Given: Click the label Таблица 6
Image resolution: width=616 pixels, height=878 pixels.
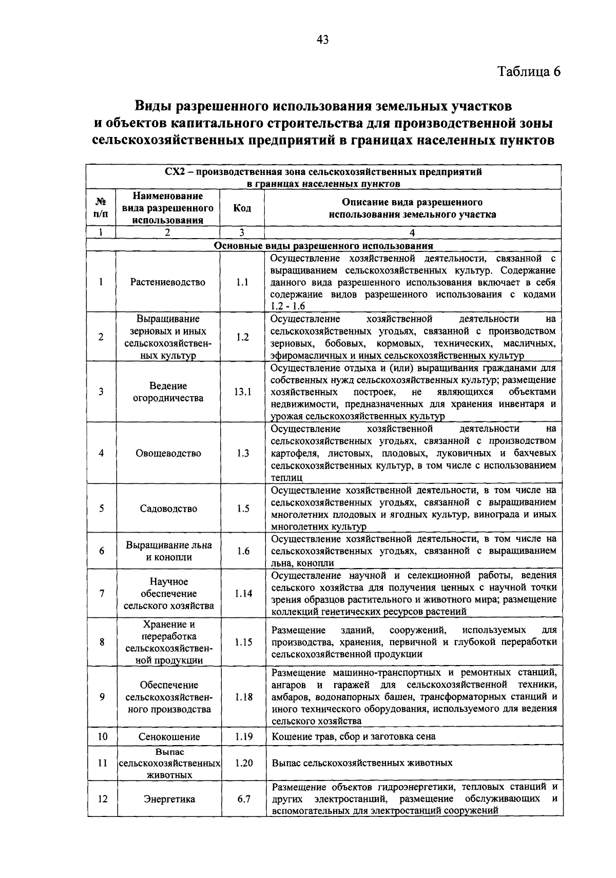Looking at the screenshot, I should [529, 71].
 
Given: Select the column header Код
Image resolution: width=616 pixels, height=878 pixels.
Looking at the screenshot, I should [242, 208].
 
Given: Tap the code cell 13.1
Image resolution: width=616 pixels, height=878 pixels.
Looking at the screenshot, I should [243, 392].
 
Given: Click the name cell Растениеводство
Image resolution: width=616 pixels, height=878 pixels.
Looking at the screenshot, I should [168, 282].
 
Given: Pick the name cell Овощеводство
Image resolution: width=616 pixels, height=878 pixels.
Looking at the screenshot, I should [168, 454].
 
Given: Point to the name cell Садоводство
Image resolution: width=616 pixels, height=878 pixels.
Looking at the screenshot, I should [168, 509].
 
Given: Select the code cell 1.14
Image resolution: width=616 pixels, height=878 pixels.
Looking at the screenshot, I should [243, 594].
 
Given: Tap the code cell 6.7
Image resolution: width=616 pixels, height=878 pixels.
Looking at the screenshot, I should [243, 799].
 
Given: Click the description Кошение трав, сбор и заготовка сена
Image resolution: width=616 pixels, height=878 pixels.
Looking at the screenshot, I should [353, 737].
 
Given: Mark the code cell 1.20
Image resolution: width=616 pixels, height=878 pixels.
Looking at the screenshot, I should [243, 763].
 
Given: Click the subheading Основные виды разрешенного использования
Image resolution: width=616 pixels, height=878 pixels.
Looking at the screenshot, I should [323, 246].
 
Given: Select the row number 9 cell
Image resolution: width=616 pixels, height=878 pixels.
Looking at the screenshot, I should [102, 697].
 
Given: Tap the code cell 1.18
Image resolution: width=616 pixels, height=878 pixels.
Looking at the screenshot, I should [243, 697].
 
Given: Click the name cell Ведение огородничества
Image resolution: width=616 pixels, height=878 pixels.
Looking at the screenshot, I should [168, 392].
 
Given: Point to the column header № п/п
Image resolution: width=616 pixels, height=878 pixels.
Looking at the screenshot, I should [101, 208].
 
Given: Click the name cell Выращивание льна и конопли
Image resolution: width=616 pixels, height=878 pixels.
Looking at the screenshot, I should [168, 551].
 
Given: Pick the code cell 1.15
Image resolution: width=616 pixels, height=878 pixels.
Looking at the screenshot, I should [243, 642].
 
